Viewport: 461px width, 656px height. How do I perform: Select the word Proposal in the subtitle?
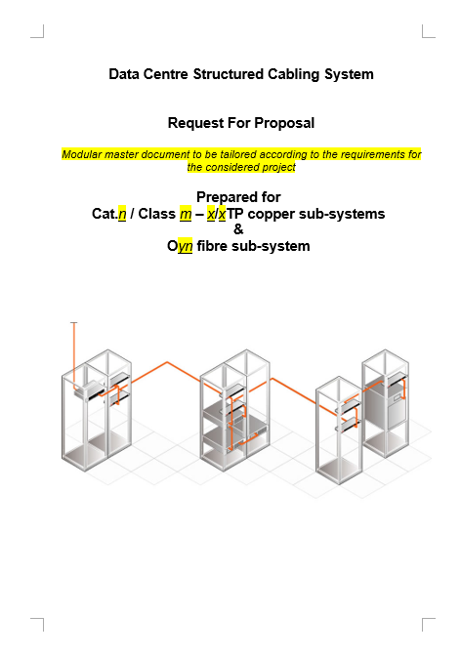tap(284, 123)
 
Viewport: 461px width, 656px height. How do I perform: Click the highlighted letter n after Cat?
tap(122, 214)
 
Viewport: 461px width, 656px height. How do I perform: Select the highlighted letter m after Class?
tap(186, 214)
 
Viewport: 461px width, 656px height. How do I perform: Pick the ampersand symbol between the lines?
tap(238, 229)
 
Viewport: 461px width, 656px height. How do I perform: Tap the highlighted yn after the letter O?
tap(185, 246)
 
